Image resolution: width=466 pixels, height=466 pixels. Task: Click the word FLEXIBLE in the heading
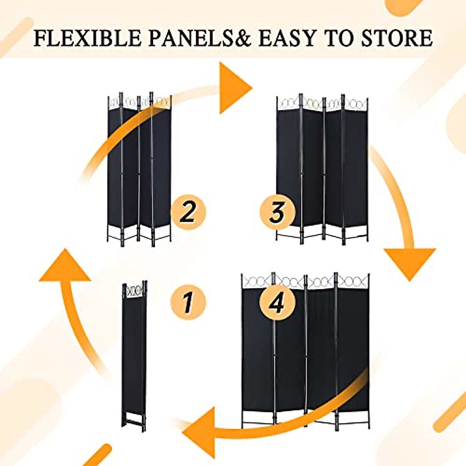click(87, 38)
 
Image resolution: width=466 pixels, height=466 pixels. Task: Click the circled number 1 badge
click(188, 302)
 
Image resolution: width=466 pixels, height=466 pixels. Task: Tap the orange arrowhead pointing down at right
click(409, 262)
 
